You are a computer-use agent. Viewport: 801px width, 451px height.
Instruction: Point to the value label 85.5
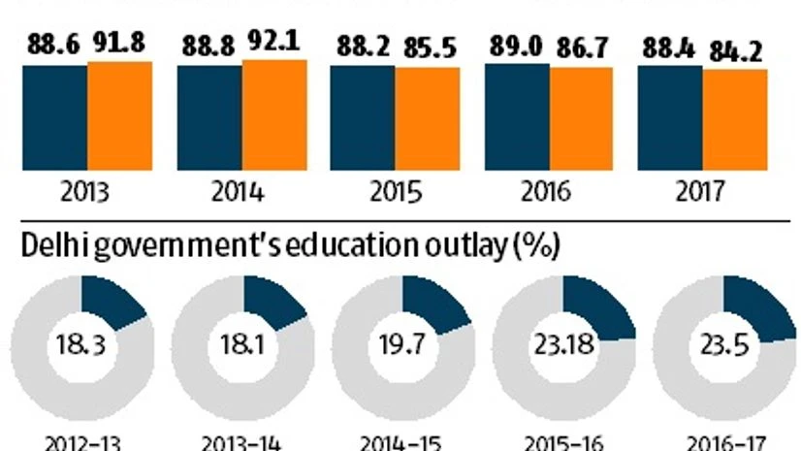coord(427,47)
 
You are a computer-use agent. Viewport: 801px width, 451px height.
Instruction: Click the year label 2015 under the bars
coord(396,193)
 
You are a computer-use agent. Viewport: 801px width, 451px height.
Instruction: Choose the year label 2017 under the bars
coord(701,193)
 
